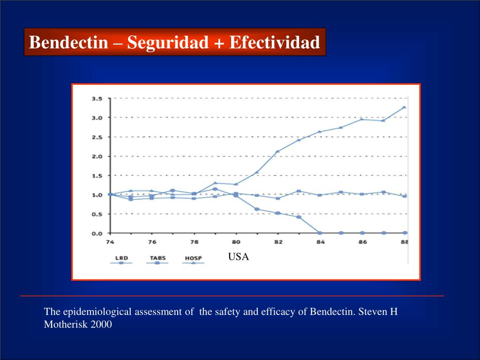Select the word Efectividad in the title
tap(274, 43)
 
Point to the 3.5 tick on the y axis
tap(97, 98)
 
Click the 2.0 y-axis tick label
tap(97, 156)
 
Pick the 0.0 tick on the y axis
tap(97, 233)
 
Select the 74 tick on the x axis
tap(110, 242)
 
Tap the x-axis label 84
tap(320, 242)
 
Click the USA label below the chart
tap(239, 257)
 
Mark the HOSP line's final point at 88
tap(404, 107)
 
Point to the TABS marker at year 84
tap(320, 233)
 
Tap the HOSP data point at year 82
tap(278, 151)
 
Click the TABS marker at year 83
tap(299, 217)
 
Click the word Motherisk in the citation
tap(63, 324)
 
